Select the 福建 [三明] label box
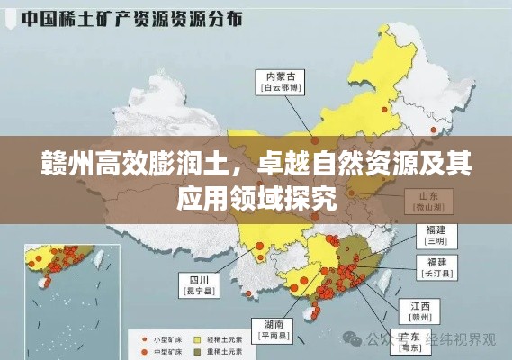(436, 236)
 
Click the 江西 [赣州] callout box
(420, 311)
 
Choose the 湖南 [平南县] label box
(274, 330)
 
